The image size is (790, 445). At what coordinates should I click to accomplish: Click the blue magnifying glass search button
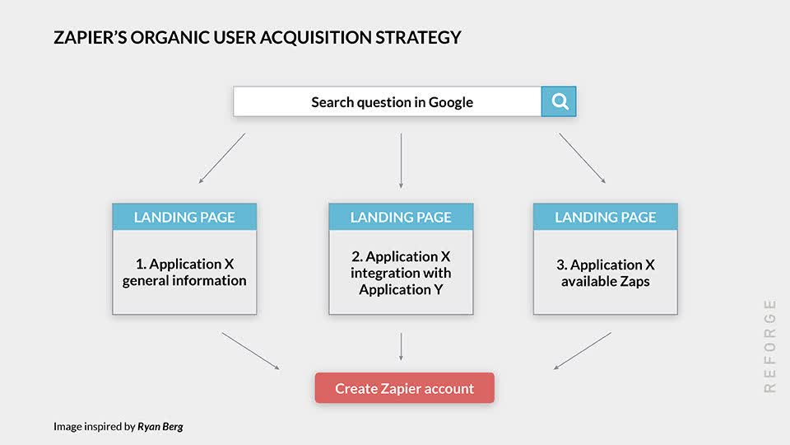click(559, 101)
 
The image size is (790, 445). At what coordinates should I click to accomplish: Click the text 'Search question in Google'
click(392, 102)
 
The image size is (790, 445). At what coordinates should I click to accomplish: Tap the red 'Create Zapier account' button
click(404, 388)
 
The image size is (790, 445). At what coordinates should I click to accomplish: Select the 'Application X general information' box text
click(184, 273)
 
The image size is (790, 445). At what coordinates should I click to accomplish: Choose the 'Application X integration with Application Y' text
click(401, 273)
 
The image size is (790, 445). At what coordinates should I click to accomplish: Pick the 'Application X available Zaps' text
click(605, 273)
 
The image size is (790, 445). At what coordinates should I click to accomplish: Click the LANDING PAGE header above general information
click(184, 218)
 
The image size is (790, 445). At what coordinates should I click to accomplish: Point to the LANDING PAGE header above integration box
click(401, 218)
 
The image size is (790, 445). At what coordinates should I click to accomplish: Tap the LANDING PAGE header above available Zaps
click(605, 218)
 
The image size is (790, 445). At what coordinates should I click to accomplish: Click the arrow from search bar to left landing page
click(222, 157)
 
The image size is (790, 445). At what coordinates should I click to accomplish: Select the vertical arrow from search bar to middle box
click(401, 160)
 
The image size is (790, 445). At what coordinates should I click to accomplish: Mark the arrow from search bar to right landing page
click(583, 157)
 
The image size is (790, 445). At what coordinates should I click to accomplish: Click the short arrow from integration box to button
click(401, 346)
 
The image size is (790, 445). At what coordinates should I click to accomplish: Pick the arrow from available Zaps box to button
click(582, 351)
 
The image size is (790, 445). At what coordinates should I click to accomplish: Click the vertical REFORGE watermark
click(770, 345)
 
